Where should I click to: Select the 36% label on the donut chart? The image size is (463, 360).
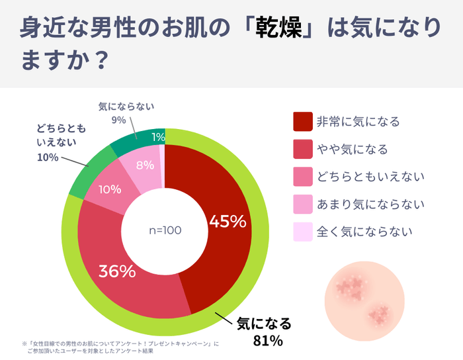pyautogui.click(x=117, y=271)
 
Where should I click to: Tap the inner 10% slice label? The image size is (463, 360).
pyautogui.click(x=110, y=189)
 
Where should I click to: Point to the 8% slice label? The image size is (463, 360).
pyautogui.click(x=145, y=166)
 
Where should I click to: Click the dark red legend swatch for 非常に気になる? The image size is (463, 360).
pyautogui.click(x=302, y=122)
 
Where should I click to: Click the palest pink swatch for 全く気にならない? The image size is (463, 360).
pyautogui.click(x=302, y=232)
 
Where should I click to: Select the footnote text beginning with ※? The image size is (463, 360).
pyautogui.click(x=119, y=347)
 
